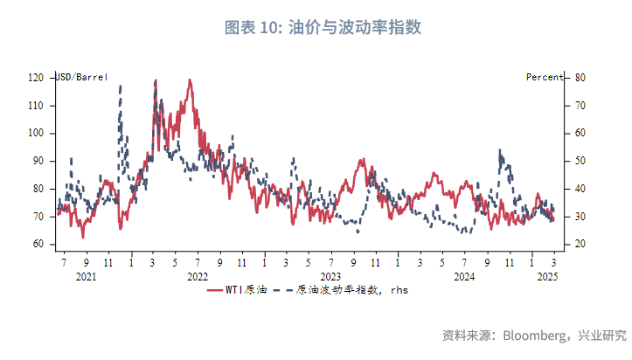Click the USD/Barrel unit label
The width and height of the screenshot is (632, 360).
coord(82,78)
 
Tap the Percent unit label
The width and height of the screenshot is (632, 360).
coord(545,78)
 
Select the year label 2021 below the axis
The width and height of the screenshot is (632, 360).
coord(86,276)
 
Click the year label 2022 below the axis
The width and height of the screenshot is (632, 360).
coord(198,276)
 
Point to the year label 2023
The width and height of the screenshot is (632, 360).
coord(330,276)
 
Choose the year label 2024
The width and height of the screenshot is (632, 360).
coord(464,276)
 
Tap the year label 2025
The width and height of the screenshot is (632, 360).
coord(547,276)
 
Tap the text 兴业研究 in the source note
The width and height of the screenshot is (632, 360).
coord(602,335)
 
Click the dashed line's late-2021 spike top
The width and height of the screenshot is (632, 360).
coord(120,86)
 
